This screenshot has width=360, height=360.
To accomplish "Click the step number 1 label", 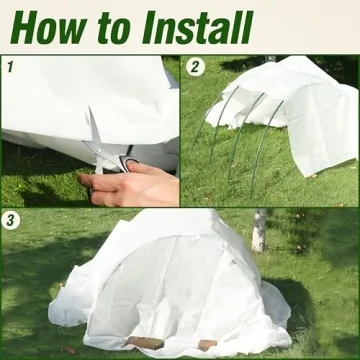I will click(x=9, y=68).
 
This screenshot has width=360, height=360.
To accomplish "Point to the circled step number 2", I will click(x=196, y=68).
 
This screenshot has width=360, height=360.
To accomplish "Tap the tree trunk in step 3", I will click(x=259, y=230).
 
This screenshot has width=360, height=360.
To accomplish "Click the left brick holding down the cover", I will click(x=146, y=343).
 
